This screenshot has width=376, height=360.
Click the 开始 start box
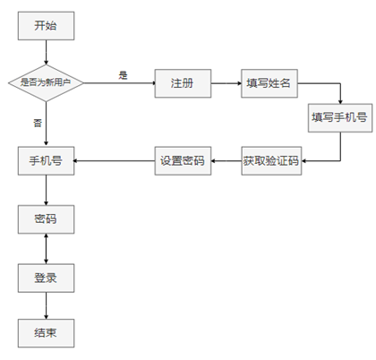(46, 26)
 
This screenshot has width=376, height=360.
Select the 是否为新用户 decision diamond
(46, 82)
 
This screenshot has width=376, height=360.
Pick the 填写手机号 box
(338, 117)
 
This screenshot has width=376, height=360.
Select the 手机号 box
(46, 161)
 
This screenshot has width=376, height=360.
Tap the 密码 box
(46, 218)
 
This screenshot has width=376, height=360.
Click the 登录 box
(46, 278)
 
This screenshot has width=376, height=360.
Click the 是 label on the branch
(123, 74)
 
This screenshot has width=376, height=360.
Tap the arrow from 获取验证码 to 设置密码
(225, 161)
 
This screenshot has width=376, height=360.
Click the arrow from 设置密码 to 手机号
(114, 161)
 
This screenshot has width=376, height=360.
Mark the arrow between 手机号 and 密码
(46, 190)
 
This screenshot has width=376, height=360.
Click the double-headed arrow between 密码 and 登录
(46, 248)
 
